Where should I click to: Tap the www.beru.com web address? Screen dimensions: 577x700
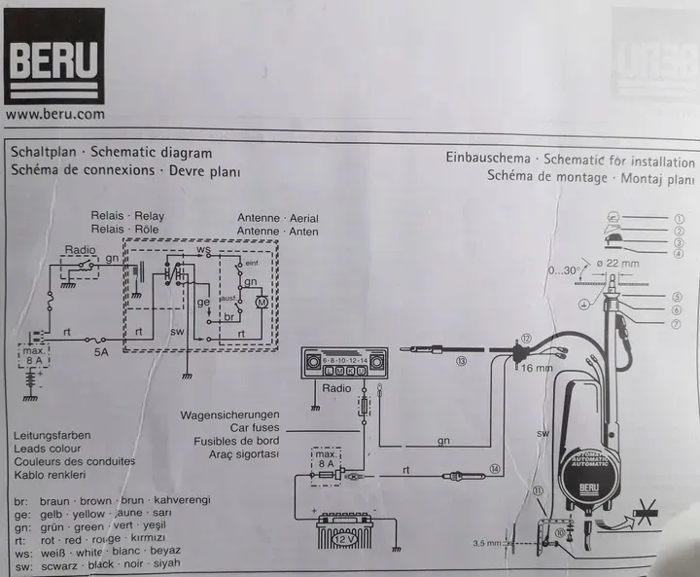pyautogui.click(x=54, y=114)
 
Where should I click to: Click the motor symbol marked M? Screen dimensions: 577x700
pyautogui.click(x=260, y=305)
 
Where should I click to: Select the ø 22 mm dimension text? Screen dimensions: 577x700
pyautogui.click(x=619, y=264)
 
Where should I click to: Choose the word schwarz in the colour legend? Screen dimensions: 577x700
pyautogui.click(x=56, y=563)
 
